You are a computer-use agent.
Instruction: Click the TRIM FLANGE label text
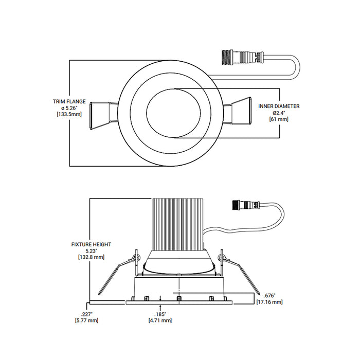(x=68, y=102)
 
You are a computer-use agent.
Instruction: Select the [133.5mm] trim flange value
(x=68, y=114)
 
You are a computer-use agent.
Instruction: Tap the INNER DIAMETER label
(x=279, y=106)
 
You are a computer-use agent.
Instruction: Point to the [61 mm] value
(x=279, y=119)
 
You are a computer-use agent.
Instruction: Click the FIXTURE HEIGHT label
(x=92, y=244)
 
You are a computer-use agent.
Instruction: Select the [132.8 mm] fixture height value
(x=92, y=256)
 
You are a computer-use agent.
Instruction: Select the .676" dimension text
(x=269, y=296)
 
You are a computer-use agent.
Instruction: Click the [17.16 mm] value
(x=269, y=302)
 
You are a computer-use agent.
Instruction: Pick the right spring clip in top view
(x=241, y=113)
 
